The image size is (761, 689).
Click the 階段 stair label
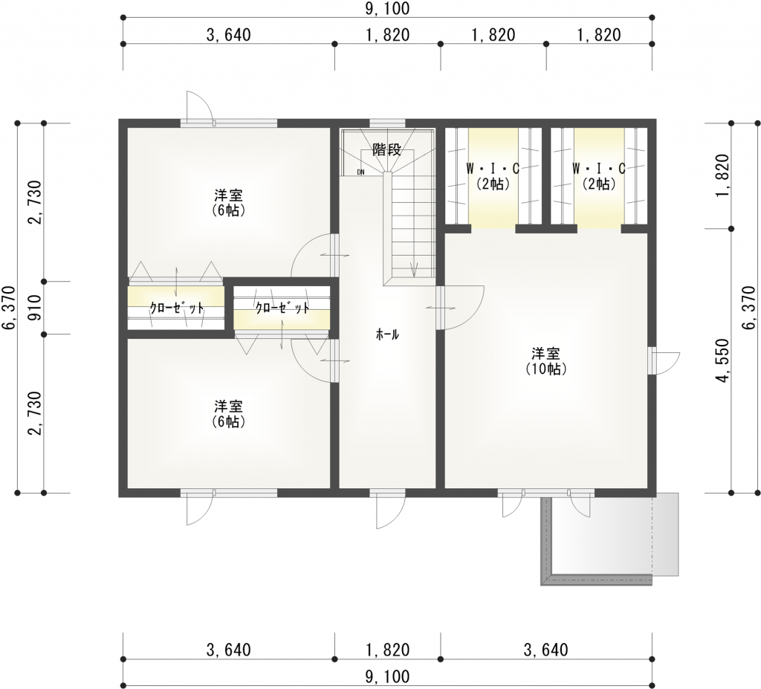[x=387, y=149]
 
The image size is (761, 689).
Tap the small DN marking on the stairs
[x=360, y=172]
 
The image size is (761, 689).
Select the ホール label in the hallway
[x=387, y=335]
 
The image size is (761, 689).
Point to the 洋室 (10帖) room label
[x=545, y=360]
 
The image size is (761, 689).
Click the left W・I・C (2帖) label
[x=493, y=176]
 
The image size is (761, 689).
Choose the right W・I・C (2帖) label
[x=599, y=176]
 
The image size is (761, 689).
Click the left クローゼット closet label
[x=176, y=308]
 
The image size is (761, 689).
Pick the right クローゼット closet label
[x=282, y=307]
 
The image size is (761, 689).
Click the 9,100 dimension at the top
[x=387, y=9]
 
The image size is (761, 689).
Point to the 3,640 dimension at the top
[x=227, y=35]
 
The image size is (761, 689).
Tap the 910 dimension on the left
[x=31, y=308]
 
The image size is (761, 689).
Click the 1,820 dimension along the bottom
[x=387, y=650]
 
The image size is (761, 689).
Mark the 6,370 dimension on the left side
[x=8, y=308]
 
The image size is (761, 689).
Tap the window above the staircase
[x=387, y=123]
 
